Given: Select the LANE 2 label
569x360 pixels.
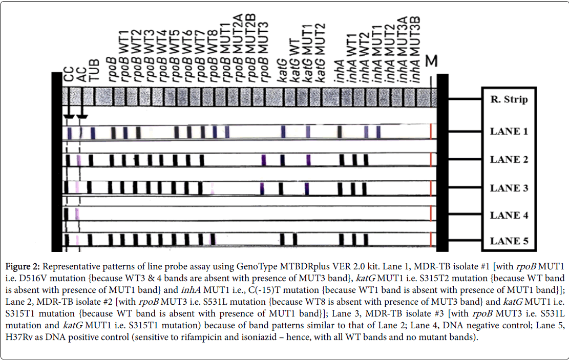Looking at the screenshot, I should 509,159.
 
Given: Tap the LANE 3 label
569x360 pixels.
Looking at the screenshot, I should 509,188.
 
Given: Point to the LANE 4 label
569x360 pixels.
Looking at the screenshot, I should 509,215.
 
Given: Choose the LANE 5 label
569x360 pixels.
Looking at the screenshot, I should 509,241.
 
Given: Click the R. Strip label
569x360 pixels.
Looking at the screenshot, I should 509,100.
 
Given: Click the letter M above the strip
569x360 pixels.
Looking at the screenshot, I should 432,61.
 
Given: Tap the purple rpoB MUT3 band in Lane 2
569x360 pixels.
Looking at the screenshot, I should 264,160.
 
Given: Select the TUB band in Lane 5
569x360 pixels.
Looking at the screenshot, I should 90,240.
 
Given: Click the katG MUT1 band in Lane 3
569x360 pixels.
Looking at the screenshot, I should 307,188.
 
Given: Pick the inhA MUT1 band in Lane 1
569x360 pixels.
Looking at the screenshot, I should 378,132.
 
